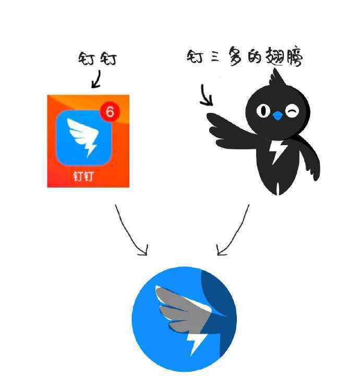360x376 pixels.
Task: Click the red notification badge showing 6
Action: point(110,112)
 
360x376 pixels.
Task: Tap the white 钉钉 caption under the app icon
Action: point(83,177)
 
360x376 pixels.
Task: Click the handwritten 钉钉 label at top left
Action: point(98,58)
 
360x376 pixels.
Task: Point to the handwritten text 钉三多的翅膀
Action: point(245,56)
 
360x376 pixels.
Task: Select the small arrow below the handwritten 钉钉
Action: point(97,79)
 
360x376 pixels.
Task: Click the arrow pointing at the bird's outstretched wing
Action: point(206,95)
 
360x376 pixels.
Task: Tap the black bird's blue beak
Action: point(278,116)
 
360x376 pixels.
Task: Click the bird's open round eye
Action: point(263,110)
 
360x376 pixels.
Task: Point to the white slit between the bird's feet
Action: point(278,189)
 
